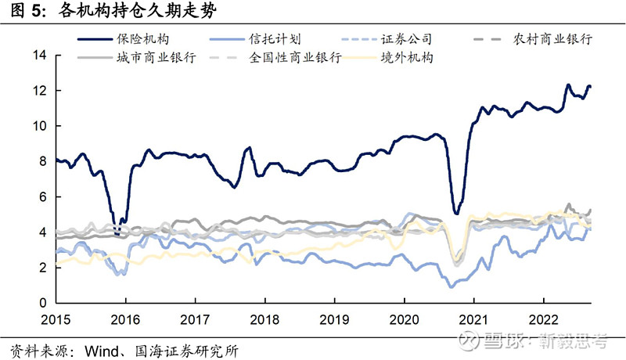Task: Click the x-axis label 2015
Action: pos(56,320)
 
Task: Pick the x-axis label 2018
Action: pos(264,320)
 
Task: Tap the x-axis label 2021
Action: pos(473,320)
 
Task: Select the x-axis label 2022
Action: pos(543,320)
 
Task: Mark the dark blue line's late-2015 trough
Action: pos(117,233)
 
